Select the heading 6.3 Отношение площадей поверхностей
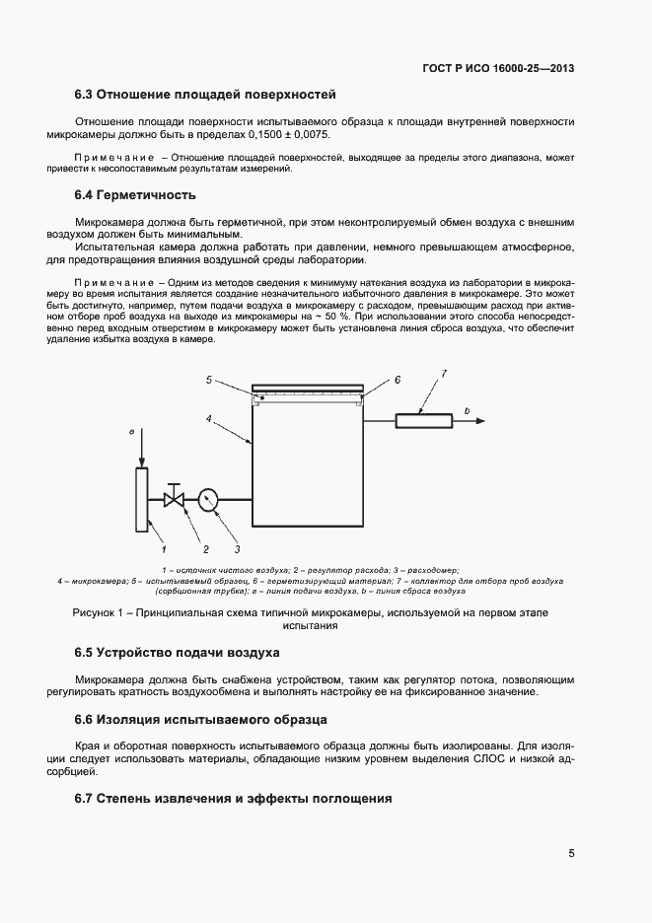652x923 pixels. tap(206, 95)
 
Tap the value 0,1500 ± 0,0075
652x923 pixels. tap(287, 133)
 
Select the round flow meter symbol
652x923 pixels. tap(208, 500)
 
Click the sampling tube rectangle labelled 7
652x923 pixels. tap(424, 421)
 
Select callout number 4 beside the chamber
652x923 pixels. tap(209, 419)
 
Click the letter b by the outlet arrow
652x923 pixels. tap(467, 409)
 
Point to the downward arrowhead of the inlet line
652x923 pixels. tap(141, 463)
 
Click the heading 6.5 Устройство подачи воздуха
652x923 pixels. tap(178, 653)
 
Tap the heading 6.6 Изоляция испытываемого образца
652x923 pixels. tap(201, 720)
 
